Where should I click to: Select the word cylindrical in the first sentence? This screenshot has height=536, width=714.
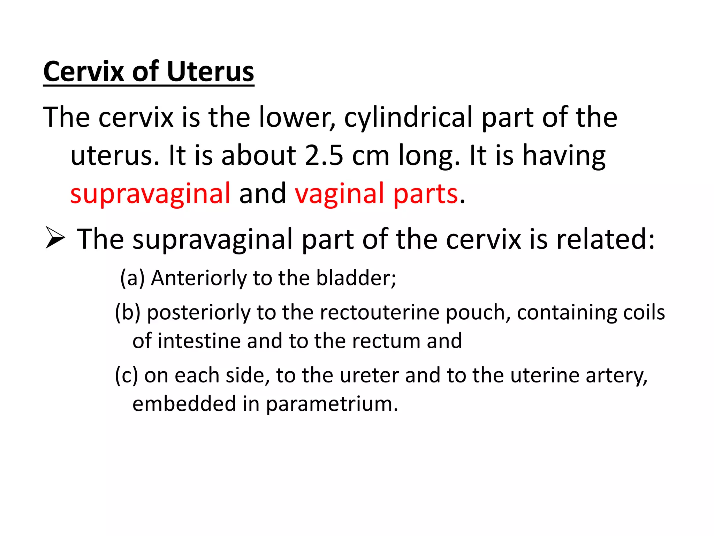(x=408, y=118)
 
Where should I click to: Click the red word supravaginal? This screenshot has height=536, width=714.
(x=150, y=194)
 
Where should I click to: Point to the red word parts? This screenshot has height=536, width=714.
(x=425, y=194)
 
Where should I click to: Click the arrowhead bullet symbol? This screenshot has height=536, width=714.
(x=55, y=238)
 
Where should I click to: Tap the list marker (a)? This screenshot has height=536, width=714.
(x=132, y=278)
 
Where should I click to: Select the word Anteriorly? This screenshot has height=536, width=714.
(x=199, y=278)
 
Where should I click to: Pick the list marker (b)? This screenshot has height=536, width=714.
(x=128, y=312)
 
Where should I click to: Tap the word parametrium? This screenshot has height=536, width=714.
(x=332, y=404)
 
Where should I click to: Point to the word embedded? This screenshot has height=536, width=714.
(x=184, y=404)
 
